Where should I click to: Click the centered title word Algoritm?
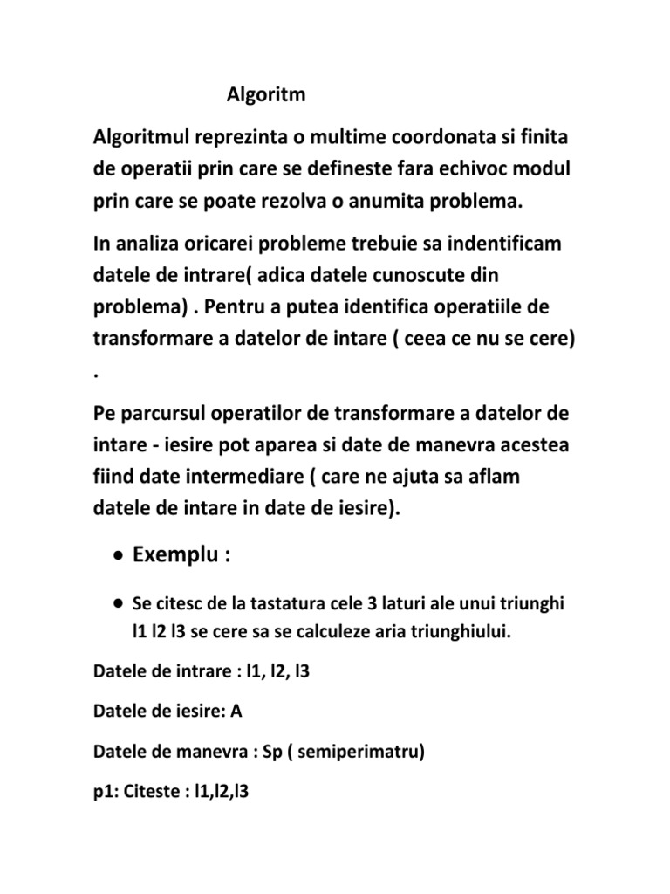[x=266, y=94]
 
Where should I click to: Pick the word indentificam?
[x=503, y=244]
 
